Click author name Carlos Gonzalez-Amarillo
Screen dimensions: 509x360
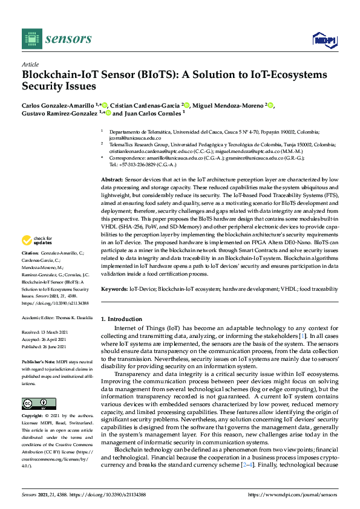coord(59,105)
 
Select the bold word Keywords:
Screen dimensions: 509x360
coord(114,290)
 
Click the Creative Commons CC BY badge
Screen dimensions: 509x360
coord(34,403)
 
